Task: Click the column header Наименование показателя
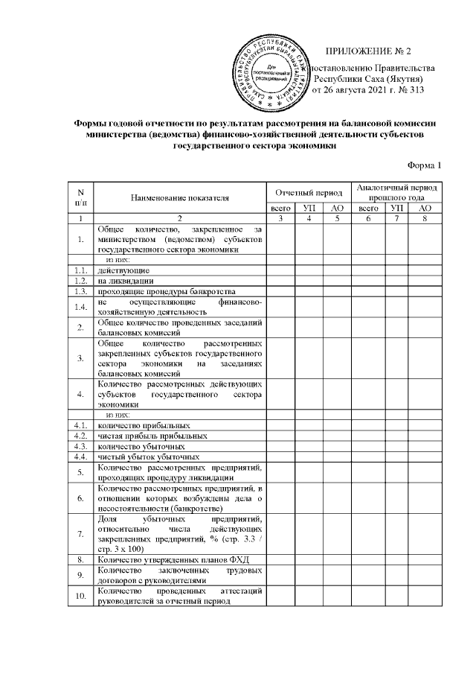tap(179, 197)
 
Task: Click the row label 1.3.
tap(79, 291)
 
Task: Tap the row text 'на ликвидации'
tap(126, 281)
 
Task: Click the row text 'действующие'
tap(123, 270)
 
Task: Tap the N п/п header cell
tap(79, 197)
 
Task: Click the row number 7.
tap(79, 533)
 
